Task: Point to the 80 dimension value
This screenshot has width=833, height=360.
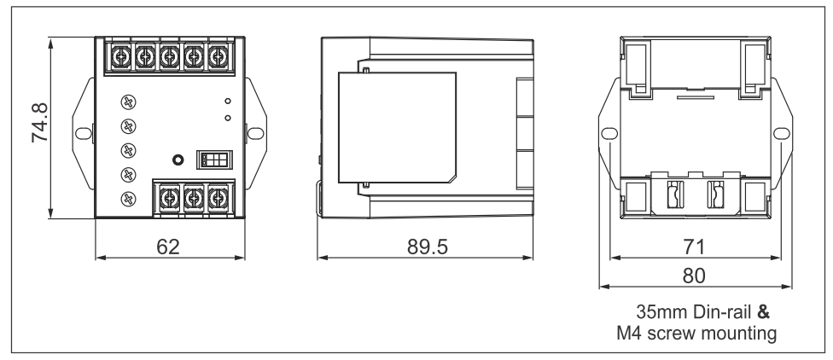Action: (687, 276)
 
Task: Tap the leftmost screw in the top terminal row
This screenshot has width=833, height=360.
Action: (121, 57)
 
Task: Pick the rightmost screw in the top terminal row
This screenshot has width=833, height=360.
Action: (219, 57)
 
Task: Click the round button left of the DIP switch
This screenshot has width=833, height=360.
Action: (178, 160)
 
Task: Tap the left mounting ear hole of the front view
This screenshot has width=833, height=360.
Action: (82, 134)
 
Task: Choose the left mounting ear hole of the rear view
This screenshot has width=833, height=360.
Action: (608, 134)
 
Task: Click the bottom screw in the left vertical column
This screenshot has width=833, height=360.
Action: (128, 200)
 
